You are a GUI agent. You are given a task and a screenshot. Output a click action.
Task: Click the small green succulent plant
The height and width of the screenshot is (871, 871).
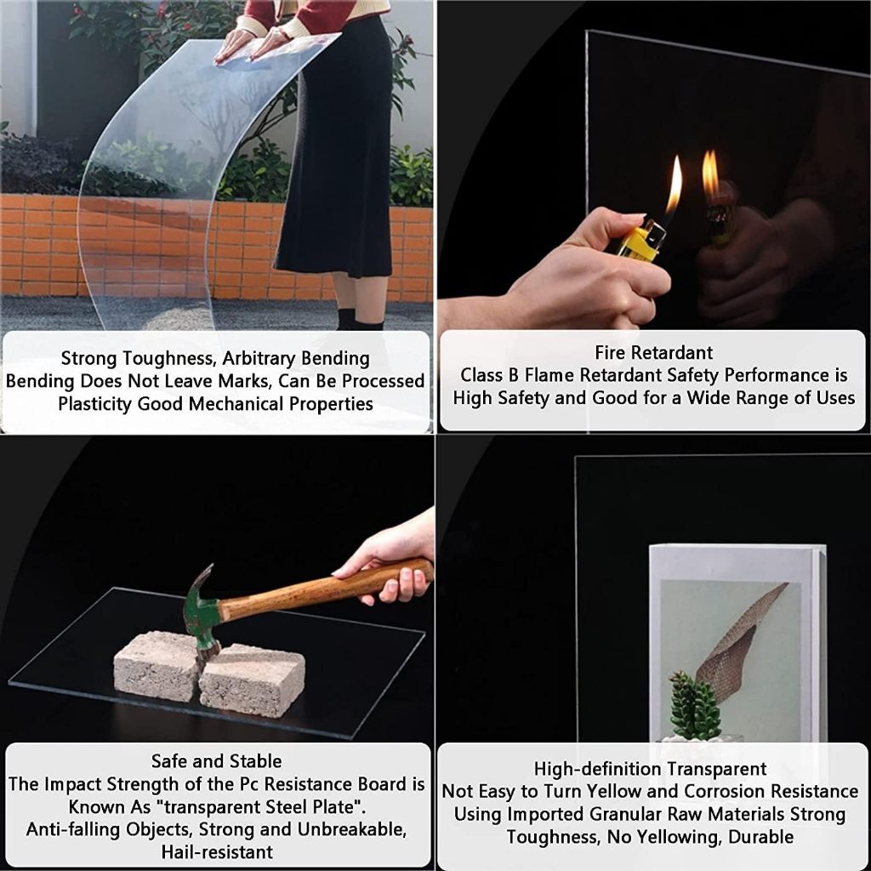pyautogui.click(x=694, y=705)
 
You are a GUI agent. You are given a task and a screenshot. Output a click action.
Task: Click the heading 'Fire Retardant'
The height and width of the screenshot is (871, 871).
pyautogui.click(x=654, y=353)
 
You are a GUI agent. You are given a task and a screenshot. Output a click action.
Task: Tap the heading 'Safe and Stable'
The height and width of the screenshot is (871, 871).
pyautogui.click(x=216, y=761)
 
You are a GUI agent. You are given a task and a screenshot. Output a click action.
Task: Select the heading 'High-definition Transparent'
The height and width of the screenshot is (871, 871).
pyautogui.click(x=650, y=769)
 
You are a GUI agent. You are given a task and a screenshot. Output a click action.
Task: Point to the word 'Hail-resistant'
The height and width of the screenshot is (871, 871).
pyautogui.click(x=217, y=852)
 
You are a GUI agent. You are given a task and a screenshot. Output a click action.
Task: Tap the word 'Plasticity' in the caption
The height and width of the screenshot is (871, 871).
pyautogui.click(x=95, y=404)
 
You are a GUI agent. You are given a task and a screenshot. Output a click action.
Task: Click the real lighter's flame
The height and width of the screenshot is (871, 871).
pyautogui.click(x=675, y=185)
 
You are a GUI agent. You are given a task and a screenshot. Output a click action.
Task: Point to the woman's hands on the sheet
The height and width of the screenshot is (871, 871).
pyautogui.click(x=253, y=43)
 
